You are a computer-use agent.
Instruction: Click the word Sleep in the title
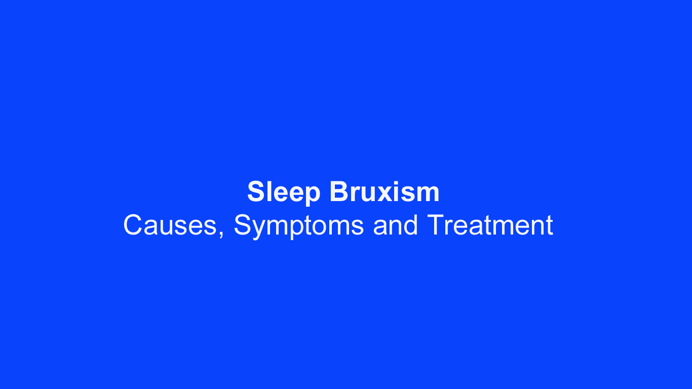pos(284,192)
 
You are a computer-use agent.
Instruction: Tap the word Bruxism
pos(384,192)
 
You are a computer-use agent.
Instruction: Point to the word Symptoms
pos(298,225)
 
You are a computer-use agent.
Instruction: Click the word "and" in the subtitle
pos(395,225)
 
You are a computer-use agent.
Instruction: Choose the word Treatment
pos(490,225)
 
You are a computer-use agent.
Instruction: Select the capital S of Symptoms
pos(243,225)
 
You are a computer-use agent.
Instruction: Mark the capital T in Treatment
pos(435,225)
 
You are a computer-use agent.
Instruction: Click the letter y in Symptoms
pos(259,229)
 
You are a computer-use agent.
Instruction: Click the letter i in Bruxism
pos(400,192)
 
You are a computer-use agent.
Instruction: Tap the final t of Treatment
pos(549,226)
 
